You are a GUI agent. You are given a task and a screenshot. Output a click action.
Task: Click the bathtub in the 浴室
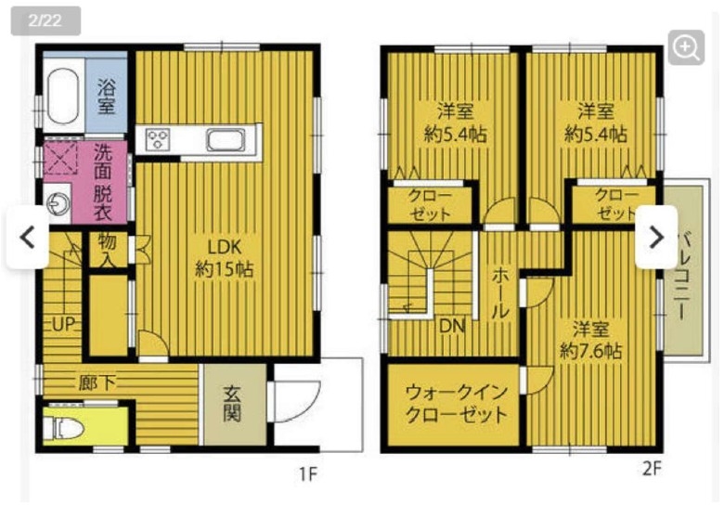pos(63,97)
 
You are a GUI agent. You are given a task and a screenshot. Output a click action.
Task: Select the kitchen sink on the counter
pos(226,139)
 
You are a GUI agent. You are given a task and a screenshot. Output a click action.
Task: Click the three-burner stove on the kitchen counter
pos(158,139)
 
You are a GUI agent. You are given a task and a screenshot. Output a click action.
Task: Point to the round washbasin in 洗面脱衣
pos(59,202)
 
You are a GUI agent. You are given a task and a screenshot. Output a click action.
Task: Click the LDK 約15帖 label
pos(225,258)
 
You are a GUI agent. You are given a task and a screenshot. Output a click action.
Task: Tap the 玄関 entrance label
pos(232,404)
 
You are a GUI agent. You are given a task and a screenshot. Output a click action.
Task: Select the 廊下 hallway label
pos(97,382)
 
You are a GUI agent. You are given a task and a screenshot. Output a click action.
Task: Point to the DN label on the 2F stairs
pos(452,327)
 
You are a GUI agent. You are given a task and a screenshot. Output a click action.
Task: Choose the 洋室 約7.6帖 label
pos(590,341)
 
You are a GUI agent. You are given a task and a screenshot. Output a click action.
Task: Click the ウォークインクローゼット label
pos(456,404)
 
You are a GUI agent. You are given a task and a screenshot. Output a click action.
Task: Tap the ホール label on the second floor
pos(500,293)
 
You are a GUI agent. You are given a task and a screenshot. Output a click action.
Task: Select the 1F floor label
pos(308,473)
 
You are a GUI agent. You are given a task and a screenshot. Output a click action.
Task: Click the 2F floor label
pos(652,469)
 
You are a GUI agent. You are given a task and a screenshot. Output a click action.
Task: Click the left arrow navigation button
pos(28,238)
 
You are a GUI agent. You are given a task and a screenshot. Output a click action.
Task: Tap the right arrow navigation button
pos(656,238)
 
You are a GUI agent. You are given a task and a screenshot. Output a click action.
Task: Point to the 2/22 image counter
pos(45,20)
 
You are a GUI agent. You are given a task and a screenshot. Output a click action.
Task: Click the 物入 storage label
pos(107,250)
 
